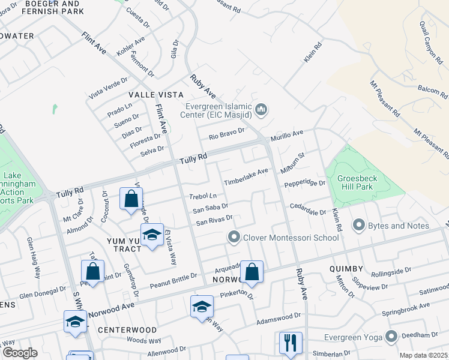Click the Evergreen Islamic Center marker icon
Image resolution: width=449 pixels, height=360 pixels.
(x=261, y=110)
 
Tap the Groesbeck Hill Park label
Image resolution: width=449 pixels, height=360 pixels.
(x=364, y=182)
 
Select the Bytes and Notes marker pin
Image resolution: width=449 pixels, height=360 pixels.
(x=360, y=226)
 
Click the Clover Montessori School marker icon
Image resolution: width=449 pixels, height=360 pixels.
(x=234, y=238)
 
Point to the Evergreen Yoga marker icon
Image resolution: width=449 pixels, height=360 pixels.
(x=392, y=336)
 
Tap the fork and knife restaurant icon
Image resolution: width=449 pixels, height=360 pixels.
(x=291, y=343)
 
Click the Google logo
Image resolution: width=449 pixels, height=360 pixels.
(x=20, y=353)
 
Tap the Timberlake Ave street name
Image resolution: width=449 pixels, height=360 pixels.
(x=246, y=177)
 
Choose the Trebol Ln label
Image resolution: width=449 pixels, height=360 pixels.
(x=203, y=196)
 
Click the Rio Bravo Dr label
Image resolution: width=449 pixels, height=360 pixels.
(x=227, y=134)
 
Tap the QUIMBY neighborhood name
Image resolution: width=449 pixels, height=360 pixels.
(x=346, y=269)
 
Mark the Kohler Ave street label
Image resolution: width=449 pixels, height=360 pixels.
(x=131, y=47)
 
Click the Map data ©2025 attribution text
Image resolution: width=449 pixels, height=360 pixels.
(x=423, y=355)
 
